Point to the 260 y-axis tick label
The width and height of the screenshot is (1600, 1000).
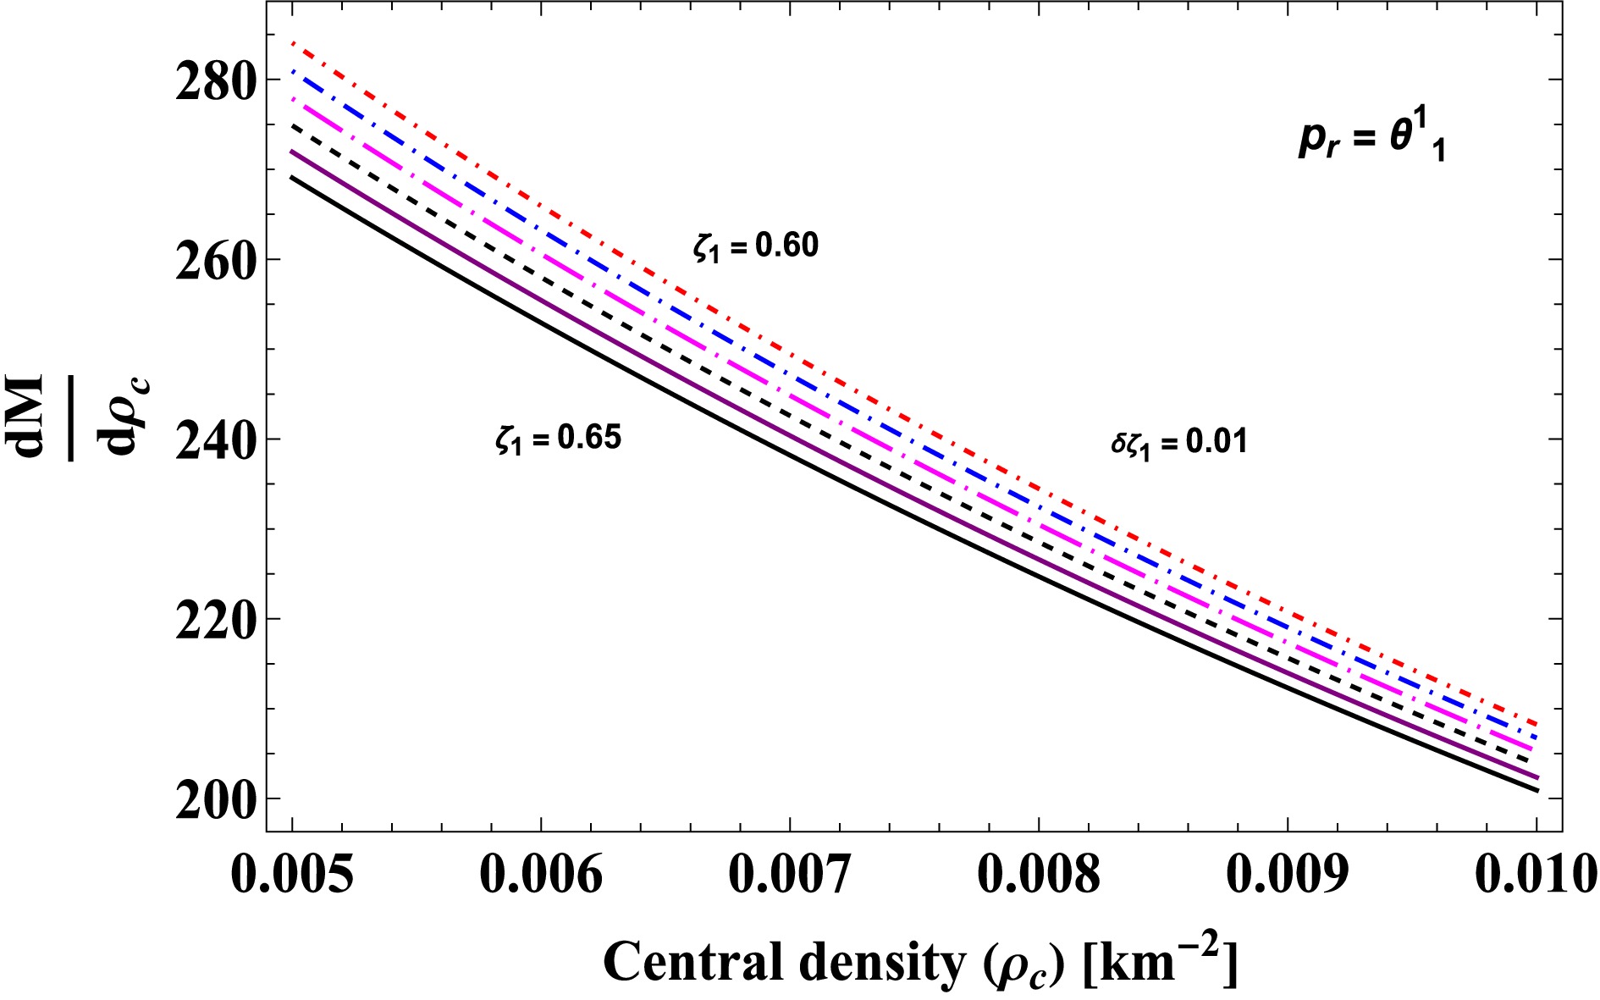[x=214, y=262]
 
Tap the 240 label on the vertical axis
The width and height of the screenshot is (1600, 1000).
[x=214, y=442]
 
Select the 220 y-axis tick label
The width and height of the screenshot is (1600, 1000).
[x=214, y=622]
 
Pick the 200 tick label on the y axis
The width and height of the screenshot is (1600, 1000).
[x=214, y=801]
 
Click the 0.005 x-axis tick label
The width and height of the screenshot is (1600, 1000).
[x=292, y=874]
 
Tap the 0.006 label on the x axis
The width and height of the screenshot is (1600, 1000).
[x=541, y=874]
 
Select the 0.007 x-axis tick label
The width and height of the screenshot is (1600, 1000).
[x=790, y=874]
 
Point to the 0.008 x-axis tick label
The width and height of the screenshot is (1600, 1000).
[x=1039, y=874]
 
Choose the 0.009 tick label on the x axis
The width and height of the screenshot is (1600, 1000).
[x=1288, y=874]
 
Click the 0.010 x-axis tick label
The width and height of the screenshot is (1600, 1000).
[x=1535, y=874]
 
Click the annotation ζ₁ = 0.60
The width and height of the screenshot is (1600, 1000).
[x=756, y=246]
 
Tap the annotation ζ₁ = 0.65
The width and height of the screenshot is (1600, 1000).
[x=559, y=439]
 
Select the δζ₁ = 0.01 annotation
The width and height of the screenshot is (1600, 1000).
[x=1179, y=443]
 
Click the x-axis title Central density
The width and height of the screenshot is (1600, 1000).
[x=920, y=963]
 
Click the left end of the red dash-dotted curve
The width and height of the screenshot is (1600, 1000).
[x=293, y=42]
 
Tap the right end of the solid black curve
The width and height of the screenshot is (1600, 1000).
[x=1537, y=791]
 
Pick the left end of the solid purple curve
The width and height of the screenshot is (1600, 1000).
[x=293, y=152]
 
